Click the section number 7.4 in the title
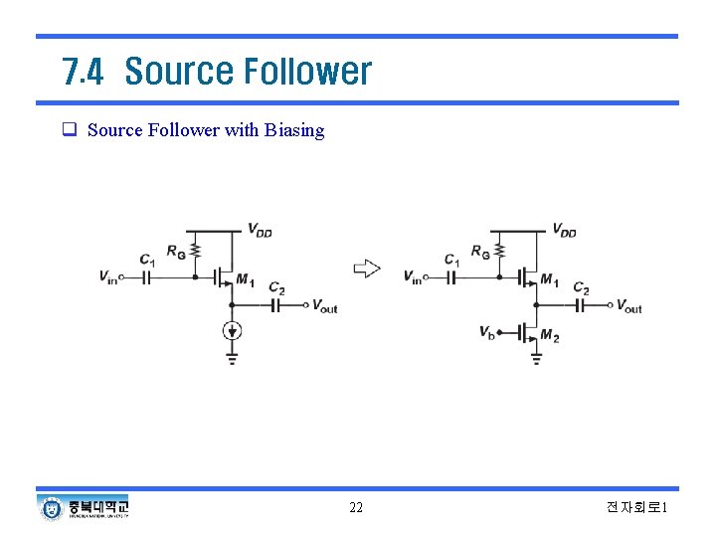83,72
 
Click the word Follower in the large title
307,72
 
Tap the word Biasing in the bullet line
294,130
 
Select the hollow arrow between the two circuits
367,268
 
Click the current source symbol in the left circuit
232,331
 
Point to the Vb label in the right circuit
486,332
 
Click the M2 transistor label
549,337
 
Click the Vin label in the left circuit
108,277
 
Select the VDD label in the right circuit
564,231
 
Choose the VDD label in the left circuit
260,231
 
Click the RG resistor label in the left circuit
175,254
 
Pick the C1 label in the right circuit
452,260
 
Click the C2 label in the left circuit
276,288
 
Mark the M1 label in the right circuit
549,280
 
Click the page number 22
356,508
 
